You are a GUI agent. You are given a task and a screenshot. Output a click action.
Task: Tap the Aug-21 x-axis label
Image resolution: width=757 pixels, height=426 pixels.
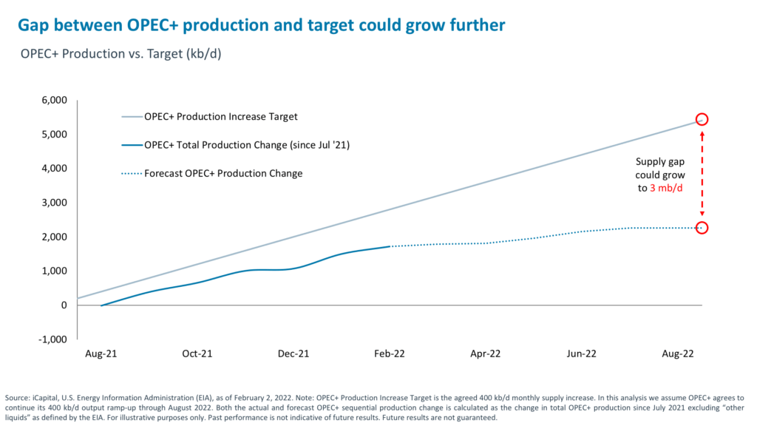pos(101,354)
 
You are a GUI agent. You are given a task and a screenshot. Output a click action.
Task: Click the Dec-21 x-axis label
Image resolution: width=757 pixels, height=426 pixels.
pos(293,354)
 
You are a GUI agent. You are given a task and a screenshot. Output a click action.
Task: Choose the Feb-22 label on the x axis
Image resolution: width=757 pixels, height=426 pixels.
pos(390,354)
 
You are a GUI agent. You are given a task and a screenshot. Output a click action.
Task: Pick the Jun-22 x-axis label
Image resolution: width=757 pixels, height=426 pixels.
pos(581,354)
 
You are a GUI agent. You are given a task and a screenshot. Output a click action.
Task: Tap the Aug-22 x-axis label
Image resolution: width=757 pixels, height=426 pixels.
pos(677,354)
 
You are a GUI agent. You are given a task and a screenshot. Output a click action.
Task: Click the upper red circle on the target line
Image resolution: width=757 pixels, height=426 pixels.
pos(702,120)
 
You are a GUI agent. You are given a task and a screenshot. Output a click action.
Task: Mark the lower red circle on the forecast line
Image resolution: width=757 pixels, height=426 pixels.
pos(702,228)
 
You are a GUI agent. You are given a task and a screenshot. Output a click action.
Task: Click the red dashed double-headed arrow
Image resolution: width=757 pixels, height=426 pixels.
pos(702,174)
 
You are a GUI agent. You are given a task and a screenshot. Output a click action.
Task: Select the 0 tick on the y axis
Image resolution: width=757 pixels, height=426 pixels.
pos(64,305)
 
